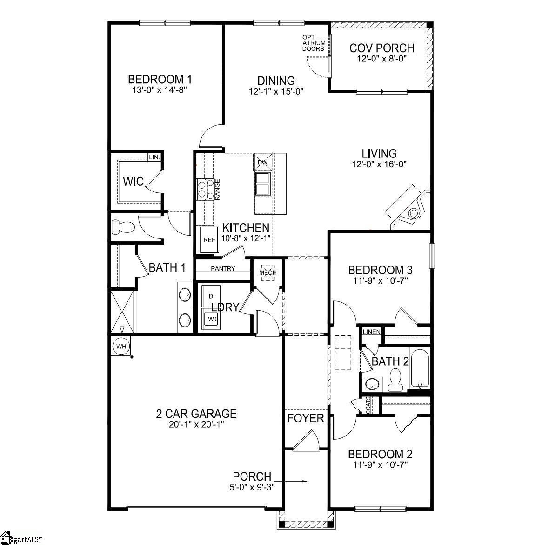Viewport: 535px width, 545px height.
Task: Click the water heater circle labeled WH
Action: [121, 347]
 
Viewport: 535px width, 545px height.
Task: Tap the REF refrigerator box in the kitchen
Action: [209, 240]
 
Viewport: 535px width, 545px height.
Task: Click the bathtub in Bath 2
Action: [420, 368]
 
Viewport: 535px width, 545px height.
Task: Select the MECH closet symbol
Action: [267, 273]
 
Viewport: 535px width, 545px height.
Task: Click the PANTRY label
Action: [223, 269]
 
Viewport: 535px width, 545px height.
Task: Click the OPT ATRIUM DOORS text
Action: [314, 43]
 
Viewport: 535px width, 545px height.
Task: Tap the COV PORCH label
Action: [381, 48]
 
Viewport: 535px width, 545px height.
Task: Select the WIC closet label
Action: [133, 181]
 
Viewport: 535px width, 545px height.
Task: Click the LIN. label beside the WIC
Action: [154, 157]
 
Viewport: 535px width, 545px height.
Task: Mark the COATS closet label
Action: [368, 405]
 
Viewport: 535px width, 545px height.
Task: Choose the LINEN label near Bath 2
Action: [372, 332]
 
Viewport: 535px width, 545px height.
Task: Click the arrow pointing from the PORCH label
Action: [291, 481]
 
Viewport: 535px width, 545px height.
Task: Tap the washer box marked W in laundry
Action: [212, 319]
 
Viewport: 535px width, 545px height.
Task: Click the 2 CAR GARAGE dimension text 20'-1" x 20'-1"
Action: [196, 424]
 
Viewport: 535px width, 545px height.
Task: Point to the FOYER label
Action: [305, 418]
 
